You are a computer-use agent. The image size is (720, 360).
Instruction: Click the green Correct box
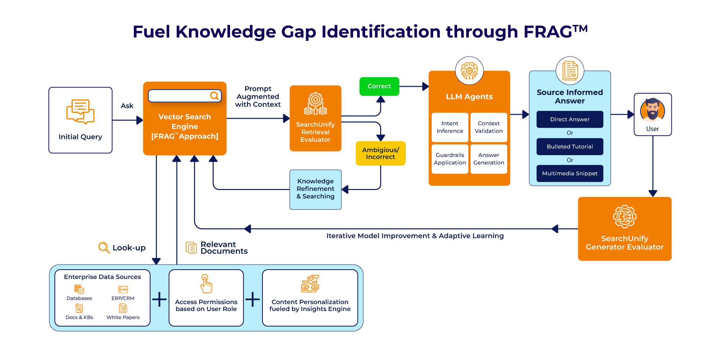379,86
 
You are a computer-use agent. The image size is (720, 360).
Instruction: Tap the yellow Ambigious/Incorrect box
381,153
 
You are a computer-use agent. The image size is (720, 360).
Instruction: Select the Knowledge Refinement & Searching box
315,189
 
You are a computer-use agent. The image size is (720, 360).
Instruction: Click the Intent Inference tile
450,127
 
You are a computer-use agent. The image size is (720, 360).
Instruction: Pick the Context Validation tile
489,127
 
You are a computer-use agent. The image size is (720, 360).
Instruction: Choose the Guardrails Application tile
450,159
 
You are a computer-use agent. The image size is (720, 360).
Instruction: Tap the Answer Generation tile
489,159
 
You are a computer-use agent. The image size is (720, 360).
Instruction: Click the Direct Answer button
570,119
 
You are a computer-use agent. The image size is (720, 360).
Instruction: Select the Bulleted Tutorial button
570,147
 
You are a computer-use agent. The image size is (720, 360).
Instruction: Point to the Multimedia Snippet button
570,174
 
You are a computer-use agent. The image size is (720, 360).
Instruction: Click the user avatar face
652,110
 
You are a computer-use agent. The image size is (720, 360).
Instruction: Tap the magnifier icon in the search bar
214,96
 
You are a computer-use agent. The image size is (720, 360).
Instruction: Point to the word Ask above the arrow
127,106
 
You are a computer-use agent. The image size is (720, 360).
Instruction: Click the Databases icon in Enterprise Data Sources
79,289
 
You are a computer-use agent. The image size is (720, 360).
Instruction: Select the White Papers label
123,318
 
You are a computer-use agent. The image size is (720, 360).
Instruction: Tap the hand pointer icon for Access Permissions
206,284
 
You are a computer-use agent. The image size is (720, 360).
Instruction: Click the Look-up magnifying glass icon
104,247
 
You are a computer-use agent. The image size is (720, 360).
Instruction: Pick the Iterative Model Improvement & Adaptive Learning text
415,236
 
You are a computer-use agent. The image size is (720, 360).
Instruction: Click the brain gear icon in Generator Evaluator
625,217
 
